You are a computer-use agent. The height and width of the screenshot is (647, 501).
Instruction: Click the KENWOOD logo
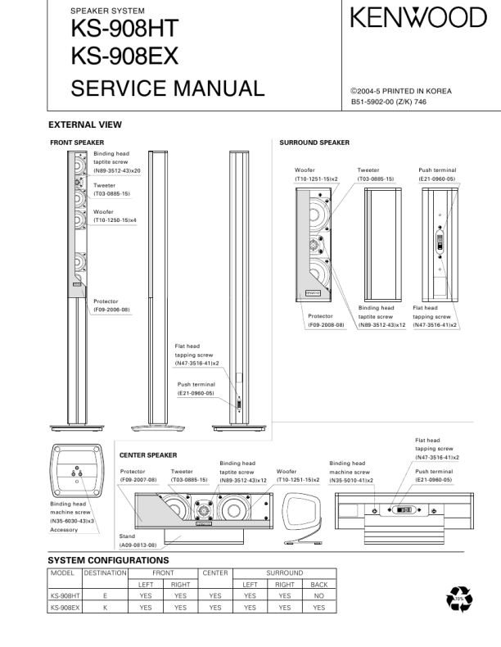coord(418,18)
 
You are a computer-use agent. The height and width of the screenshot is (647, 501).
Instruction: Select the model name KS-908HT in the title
coord(124,29)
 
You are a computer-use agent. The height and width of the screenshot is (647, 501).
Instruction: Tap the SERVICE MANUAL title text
coord(168,88)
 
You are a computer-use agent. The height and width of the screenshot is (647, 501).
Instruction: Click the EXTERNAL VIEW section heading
coord(85,125)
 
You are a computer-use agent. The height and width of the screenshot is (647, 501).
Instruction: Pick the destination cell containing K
coord(105,608)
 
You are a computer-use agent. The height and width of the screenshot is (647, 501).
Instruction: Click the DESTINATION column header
coord(105,572)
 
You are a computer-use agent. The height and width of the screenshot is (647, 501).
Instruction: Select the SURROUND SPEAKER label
coord(314,143)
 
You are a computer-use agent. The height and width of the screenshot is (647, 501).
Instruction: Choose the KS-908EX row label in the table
coord(64,608)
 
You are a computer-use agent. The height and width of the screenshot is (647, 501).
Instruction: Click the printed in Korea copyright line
coord(401,91)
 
